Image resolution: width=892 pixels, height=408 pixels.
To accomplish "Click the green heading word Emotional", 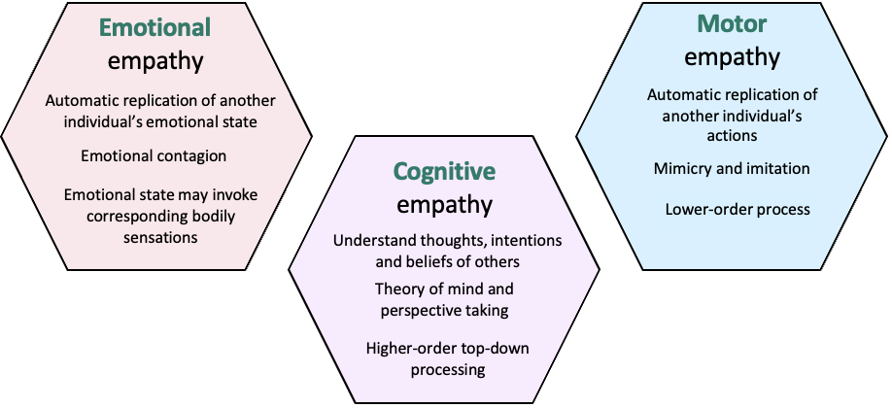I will coord(155,27).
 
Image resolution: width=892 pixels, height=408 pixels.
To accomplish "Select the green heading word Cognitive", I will coord(444,172).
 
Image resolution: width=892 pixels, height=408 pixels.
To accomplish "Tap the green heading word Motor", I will coord(732,23).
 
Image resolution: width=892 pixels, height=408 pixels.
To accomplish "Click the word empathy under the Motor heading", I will coord(732,56).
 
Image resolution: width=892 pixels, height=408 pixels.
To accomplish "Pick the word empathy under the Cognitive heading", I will coord(444,205).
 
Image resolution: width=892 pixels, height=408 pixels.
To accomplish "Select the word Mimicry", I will coord(685,169).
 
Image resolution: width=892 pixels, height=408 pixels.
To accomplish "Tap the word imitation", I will coord(776,169).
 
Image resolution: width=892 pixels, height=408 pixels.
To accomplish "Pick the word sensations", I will coord(155,236).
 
